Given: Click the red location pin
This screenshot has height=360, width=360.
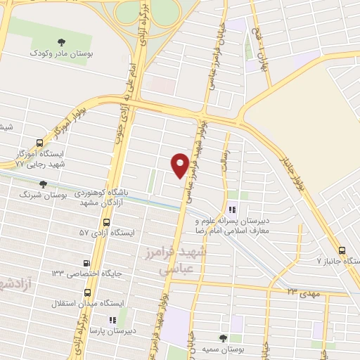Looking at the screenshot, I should tap(180, 164).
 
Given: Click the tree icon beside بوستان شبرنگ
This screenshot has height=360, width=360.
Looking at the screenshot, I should tap(43, 184).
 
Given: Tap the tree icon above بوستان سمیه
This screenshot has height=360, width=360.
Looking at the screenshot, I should tap(224, 338).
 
